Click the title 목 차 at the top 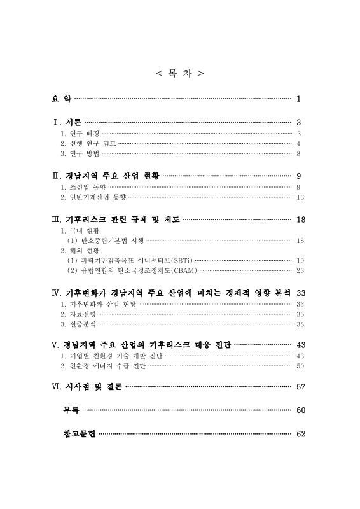coord(180,74)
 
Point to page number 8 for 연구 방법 coord(298,153)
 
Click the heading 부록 coord(71,410)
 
